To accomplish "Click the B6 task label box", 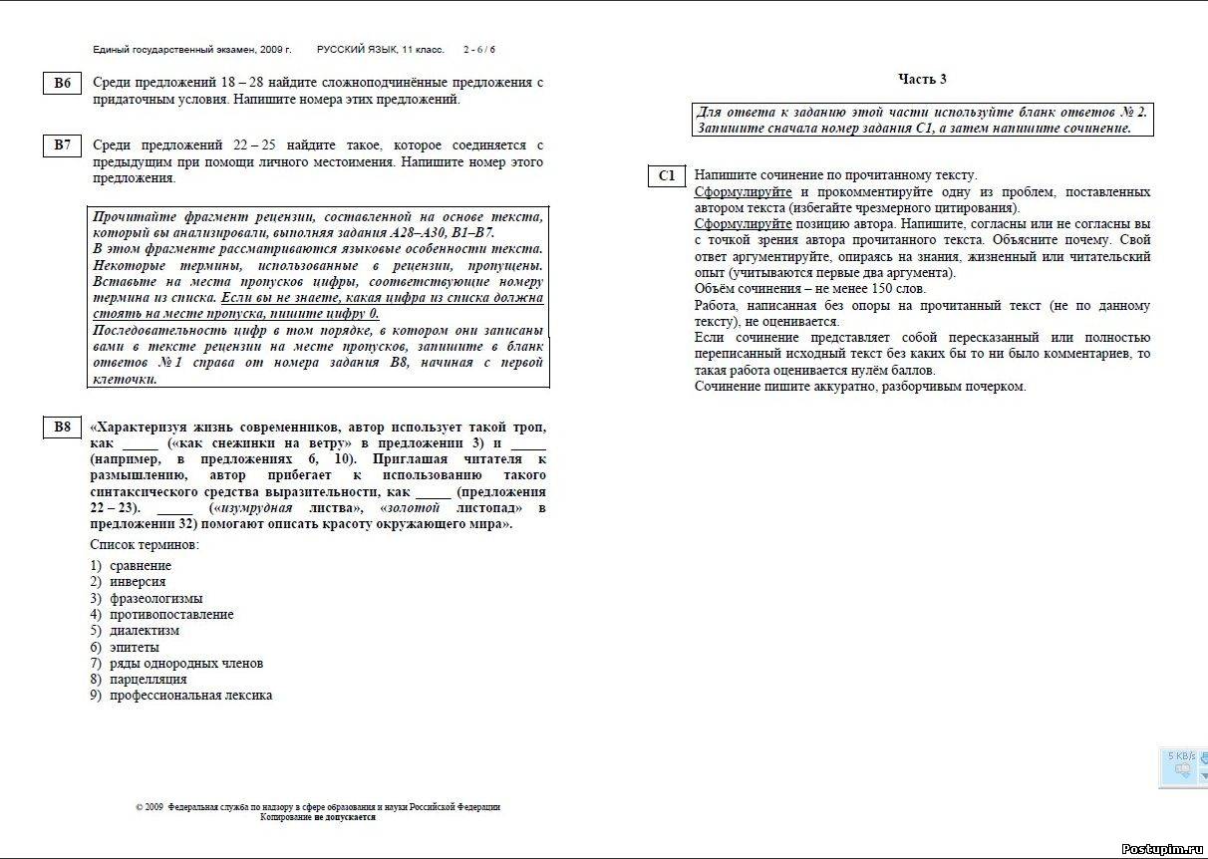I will click(x=63, y=84).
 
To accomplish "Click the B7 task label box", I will click(x=63, y=146).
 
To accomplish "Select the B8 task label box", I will click(x=63, y=428).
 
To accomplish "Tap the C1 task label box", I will click(x=667, y=176).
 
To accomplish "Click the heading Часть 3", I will click(x=922, y=79).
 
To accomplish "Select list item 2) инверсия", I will click(x=128, y=582).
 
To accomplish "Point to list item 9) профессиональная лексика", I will click(x=180, y=696).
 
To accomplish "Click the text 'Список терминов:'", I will click(x=145, y=545).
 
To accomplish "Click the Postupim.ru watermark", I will click(x=1161, y=848).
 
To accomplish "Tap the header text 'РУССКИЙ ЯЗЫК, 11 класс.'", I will click(x=381, y=49).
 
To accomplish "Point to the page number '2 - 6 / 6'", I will click(x=478, y=49).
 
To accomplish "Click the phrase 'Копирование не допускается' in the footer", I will click(x=318, y=816).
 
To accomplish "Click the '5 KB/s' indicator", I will click(x=1181, y=756).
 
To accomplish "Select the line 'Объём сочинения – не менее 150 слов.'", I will click(x=809, y=289).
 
